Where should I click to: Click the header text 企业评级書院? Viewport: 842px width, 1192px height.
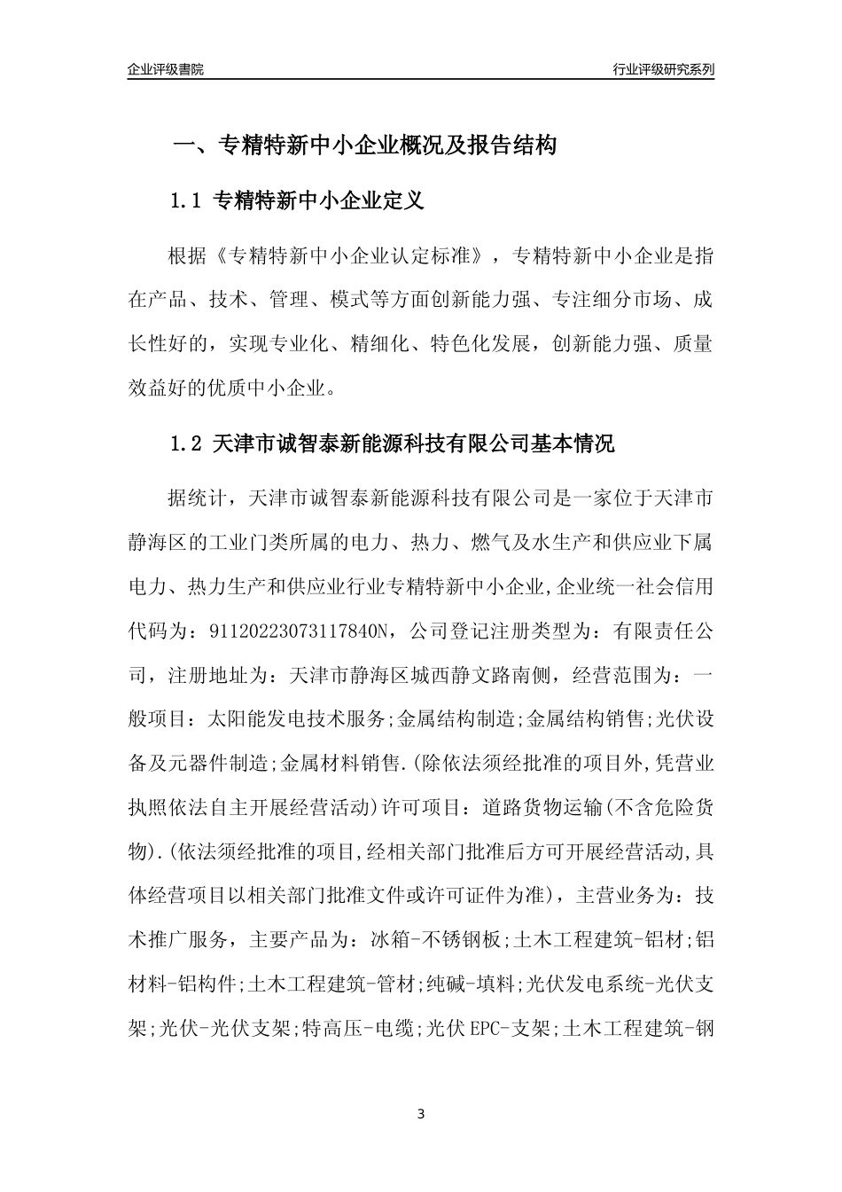pos(166,69)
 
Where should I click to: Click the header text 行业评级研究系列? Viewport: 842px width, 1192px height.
pos(663,69)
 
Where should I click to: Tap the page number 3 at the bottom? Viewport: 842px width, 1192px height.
pos(421,1113)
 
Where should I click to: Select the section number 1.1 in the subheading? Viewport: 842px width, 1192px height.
pos(186,200)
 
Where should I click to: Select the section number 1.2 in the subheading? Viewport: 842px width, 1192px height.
pos(186,443)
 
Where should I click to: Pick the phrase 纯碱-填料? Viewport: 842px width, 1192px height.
pos(470,984)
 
